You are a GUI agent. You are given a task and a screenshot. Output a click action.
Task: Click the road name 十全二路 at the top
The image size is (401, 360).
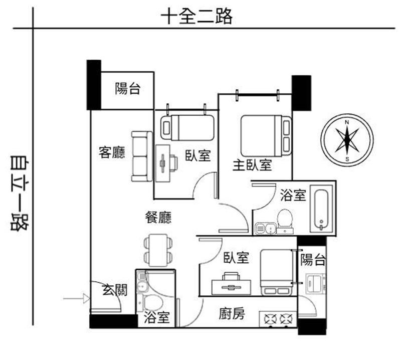(x=196, y=16)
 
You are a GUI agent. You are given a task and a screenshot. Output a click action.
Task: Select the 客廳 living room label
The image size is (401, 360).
(x=112, y=152)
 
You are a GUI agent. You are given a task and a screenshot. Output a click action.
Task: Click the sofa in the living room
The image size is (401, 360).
(x=142, y=156)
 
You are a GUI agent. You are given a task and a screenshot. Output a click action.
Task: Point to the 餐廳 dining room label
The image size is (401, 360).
(x=158, y=218)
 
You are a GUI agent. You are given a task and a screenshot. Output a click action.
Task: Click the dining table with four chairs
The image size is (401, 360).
(x=158, y=251)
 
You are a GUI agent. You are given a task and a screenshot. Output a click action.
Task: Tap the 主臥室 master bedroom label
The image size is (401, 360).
(x=252, y=165)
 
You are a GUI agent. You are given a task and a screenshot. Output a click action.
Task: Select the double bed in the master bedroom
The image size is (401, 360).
(x=266, y=136)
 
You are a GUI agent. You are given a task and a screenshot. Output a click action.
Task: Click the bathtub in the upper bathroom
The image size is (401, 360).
(x=321, y=210)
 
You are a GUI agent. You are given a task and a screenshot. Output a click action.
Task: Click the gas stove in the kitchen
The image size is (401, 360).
(x=278, y=319)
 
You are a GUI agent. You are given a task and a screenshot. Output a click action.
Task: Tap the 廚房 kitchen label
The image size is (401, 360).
(x=232, y=314)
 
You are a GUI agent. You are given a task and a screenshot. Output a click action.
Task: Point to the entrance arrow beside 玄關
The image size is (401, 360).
(x=77, y=298)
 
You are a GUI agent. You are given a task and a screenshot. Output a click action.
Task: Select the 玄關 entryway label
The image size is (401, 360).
(x=115, y=290)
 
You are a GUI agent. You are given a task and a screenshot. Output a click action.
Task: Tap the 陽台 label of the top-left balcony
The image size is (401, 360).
(x=127, y=89)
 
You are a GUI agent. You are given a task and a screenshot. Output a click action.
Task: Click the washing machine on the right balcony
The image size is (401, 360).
(x=316, y=283)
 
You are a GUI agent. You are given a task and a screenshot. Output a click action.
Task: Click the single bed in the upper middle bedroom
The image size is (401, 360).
(x=187, y=128)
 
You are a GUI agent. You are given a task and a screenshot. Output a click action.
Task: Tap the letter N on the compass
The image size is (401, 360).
(x=347, y=122)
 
